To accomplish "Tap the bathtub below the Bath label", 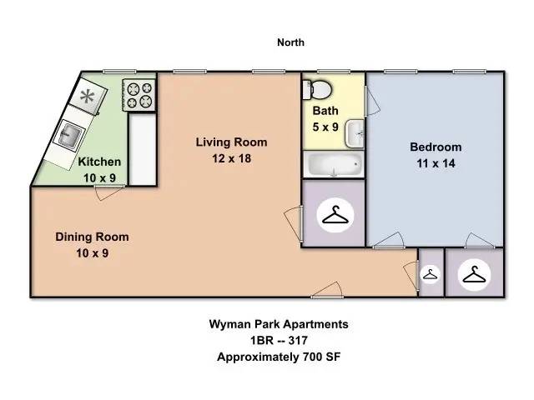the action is tap(334, 164).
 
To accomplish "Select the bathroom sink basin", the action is tap(355, 133).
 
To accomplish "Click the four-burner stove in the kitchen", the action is tap(139, 95).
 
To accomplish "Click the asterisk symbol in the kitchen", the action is tap(87, 97).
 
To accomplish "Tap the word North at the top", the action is tap(290, 42).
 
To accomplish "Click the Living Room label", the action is tap(231, 142).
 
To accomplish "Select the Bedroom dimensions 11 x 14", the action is tap(436, 163).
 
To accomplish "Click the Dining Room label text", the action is tap(92, 237).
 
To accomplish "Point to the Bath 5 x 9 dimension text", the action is tap(325, 127).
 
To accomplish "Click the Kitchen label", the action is tap(99, 162).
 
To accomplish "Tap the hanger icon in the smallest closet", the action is tap(431, 274).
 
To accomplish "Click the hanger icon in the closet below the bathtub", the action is tap(335, 215).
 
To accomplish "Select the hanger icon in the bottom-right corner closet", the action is tap(474, 274).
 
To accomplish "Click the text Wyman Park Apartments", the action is tap(279, 324).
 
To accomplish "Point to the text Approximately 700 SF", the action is tap(279, 357).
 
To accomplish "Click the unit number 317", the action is tap(298, 341).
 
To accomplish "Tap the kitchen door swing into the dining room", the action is tap(109, 192).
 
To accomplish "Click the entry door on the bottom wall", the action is tap(327, 290).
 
